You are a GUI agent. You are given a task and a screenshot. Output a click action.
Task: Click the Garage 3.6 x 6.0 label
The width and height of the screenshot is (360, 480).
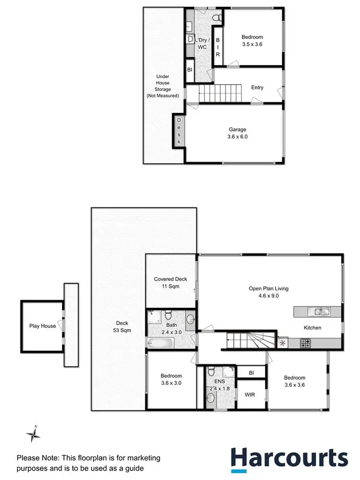click(238, 133)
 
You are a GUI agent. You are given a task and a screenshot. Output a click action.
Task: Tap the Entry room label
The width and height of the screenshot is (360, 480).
click(257, 87)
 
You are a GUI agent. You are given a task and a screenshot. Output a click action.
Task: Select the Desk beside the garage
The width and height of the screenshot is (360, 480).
click(179, 131)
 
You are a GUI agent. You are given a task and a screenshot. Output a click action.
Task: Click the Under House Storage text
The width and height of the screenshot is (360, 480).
click(163, 86)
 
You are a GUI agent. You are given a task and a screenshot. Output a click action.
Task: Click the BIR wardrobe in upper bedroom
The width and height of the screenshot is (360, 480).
click(217, 48)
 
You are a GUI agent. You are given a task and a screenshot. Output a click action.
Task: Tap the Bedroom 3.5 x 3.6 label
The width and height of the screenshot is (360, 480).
click(252, 40)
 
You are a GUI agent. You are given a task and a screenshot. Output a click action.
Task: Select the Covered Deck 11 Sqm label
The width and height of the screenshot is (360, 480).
click(170, 282)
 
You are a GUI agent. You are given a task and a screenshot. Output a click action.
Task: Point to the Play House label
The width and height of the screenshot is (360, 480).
click(42, 326)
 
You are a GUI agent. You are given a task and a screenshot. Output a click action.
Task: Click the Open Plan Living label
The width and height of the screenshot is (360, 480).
click(268, 292)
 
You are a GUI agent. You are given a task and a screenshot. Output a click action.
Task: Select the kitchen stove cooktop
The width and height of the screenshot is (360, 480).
click(306, 343)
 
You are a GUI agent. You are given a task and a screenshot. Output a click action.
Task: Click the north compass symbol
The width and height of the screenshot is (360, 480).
click(33, 435)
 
